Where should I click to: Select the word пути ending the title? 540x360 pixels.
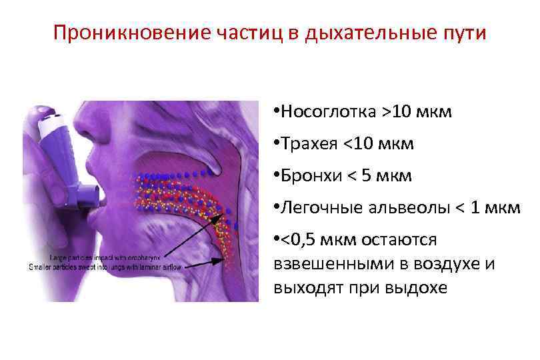(467, 33)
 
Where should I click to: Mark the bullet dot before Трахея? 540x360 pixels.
(277, 145)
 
